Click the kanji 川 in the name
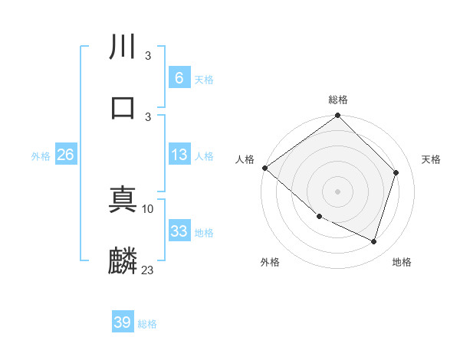click(x=123, y=47)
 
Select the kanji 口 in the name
click(x=123, y=106)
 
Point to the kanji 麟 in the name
click(x=123, y=260)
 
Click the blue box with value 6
click(x=179, y=78)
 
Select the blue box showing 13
click(x=179, y=155)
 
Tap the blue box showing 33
click(x=179, y=231)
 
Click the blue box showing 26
click(x=65, y=155)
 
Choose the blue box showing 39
click(x=123, y=322)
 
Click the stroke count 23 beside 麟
click(x=148, y=270)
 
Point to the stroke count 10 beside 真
click(x=148, y=208)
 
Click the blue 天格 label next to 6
click(x=203, y=79)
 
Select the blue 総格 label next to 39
click(x=147, y=324)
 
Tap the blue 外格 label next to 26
click(x=41, y=156)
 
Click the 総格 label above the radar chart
click(x=338, y=100)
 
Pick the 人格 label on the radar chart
click(x=245, y=159)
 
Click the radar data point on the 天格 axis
click(x=396, y=172)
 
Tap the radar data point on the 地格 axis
click(x=374, y=242)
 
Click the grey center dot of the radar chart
click(x=338, y=191)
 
